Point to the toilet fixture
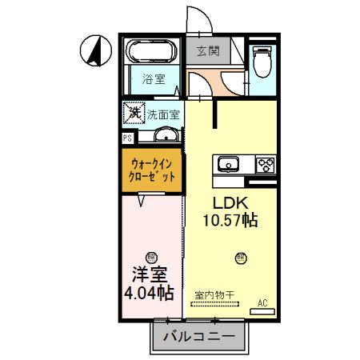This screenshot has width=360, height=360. pyautogui.click(x=261, y=60)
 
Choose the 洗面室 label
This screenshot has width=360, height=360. pyautogui.click(x=163, y=114)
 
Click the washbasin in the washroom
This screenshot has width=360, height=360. pyautogui.click(x=166, y=134)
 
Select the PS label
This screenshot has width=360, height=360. pyautogui.click(x=127, y=138)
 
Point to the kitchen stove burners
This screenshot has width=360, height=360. pyautogui.click(x=266, y=165)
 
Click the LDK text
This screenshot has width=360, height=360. pyautogui.click(x=228, y=202)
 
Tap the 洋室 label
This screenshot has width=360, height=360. pyautogui.click(x=150, y=274)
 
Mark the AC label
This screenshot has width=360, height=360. pyautogui.click(x=262, y=303)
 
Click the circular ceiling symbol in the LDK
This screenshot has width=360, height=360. pyautogui.click(x=241, y=257)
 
